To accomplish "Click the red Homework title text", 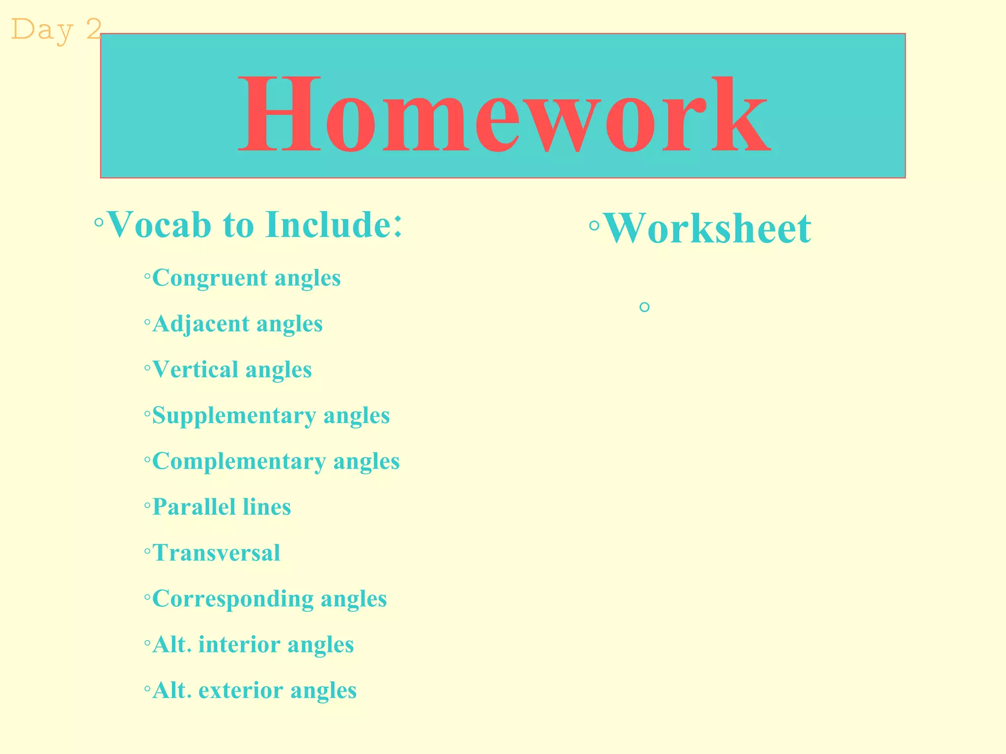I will click(503, 114).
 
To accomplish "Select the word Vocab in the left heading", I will click(159, 225).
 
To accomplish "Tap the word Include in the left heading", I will click(328, 225).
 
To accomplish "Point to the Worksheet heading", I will click(707, 229).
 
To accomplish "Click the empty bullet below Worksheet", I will click(644, 307).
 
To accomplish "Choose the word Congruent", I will click(209, 278).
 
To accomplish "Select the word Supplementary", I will click(233, 416).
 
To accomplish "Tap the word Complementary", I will click(239, 461).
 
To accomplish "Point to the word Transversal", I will click(216, 553).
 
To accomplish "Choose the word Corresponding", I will click(232, 599).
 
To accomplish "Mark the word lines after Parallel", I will click(267, 507).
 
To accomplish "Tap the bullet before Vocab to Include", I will click(99, 223).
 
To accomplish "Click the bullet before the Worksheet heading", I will click(594, 226).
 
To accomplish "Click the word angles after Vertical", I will click(279, 370).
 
